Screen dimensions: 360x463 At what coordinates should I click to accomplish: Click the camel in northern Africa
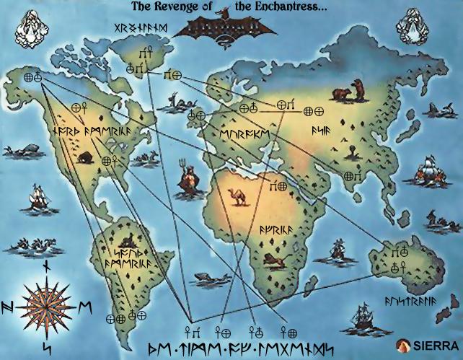237,197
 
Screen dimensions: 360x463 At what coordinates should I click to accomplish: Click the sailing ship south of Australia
365,317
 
